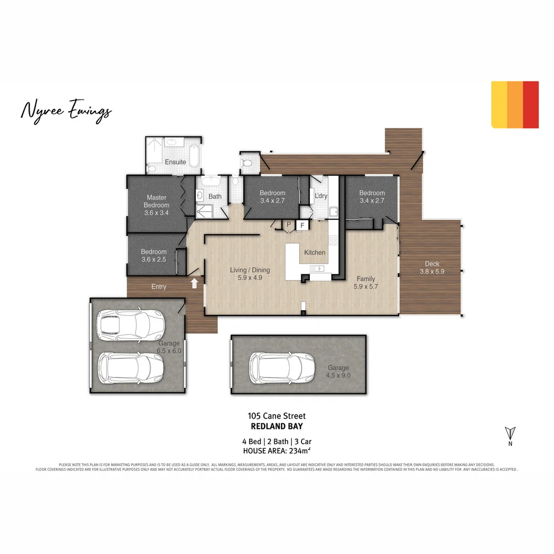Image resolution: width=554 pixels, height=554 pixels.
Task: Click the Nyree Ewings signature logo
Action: [x=66, y=111]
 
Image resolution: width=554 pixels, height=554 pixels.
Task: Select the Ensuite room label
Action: [x=175, y=162]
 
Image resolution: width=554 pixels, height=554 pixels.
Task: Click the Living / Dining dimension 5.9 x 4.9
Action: [x=250, y=278]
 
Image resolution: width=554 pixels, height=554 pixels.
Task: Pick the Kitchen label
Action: [x=314, y=252]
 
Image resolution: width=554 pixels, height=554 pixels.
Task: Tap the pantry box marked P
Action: [x=288, y=225]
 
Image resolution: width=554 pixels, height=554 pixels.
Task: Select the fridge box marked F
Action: [x=302, y=225]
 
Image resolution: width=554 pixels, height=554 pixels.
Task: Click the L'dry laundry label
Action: [x=321, y=196]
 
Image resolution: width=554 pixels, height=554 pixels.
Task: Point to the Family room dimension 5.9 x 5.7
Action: [x=365, y=287]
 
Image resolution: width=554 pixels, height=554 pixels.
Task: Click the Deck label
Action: [x=432, y=264]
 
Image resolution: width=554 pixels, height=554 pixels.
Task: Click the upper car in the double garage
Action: [x=130, y=325]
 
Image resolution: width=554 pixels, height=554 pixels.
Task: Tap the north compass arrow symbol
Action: [x=510, y=433]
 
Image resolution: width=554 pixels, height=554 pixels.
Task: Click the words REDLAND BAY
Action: [x=276, y=426]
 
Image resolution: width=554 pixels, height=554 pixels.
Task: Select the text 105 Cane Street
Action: [x=276, y=416]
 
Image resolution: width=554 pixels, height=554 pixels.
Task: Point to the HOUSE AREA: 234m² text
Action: [x=276, y=451]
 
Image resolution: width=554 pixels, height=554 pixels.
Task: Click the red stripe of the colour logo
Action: [x=531, y=105]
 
